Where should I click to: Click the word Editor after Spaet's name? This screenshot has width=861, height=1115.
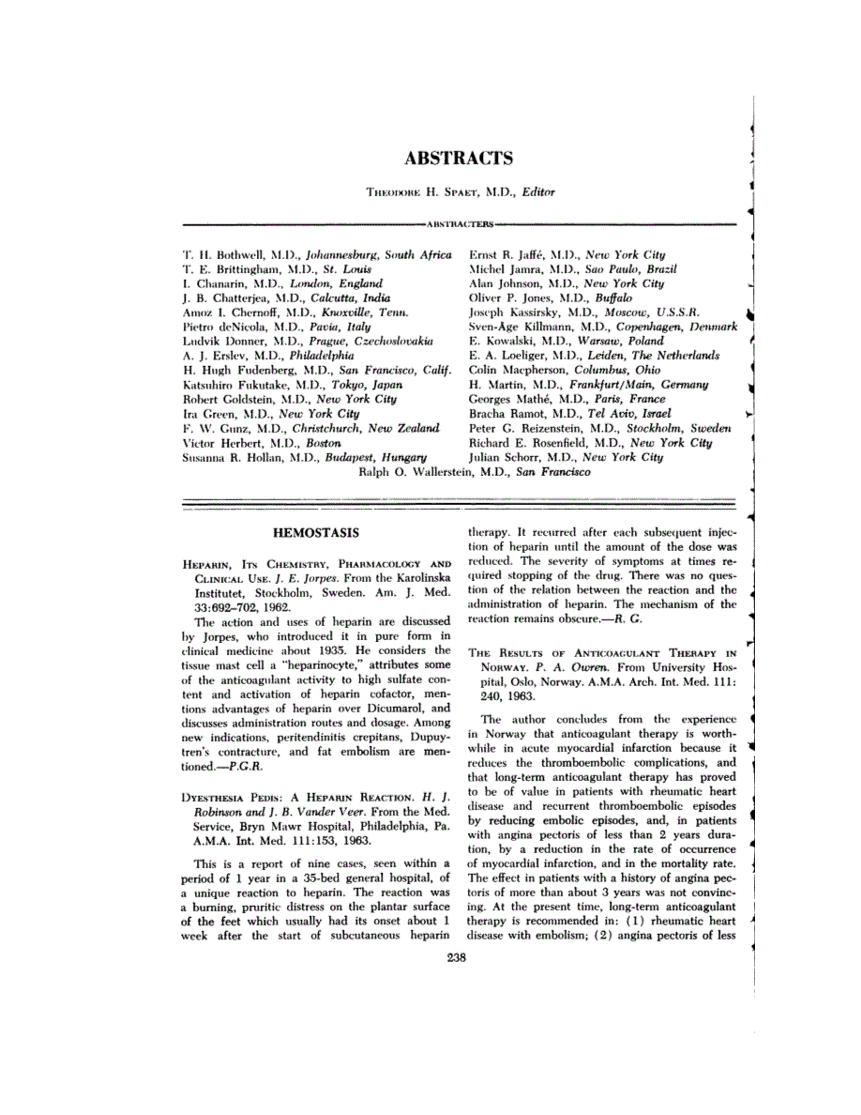[x=538, y=192]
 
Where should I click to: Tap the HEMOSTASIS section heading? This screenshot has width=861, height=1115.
[x=316, y=533]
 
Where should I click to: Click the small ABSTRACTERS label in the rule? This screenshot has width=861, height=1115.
[x=460, y=225]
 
